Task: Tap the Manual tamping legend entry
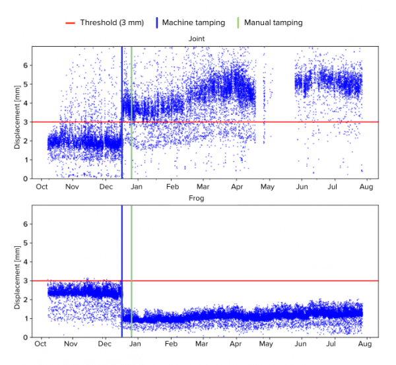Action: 273,22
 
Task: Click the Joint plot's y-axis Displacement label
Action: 17,113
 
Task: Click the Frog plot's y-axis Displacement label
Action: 17,271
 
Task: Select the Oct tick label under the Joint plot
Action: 41,187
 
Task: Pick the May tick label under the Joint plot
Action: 267,187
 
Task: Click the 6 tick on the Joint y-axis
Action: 26,65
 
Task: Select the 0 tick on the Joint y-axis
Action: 26,179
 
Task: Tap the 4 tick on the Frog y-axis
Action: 26,262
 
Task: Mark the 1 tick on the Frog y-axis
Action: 26,319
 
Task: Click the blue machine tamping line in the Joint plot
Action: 122,79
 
